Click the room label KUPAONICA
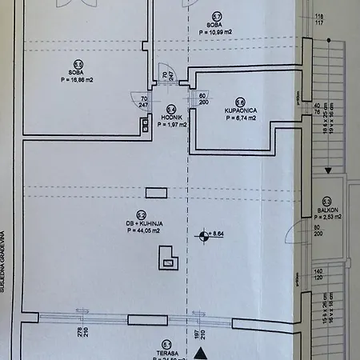[240, 109]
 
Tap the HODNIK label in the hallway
[172, 117]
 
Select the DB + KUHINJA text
[141, 223]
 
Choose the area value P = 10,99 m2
[217, 33]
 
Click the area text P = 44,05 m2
[141, 231]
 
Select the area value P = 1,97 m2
[172, 125]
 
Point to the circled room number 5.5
[78, 65]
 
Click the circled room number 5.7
[217, 16]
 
